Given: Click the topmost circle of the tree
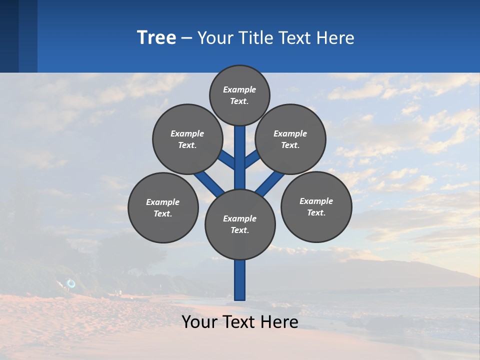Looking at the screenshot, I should (x=239, y=95).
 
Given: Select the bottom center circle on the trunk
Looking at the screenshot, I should (x=240, y=224).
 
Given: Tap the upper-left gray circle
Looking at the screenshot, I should (x=187, y=139).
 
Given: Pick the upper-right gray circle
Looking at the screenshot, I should (x=290, y=139).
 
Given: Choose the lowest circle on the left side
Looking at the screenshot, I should (x=163, y=207).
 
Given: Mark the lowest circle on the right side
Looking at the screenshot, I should (x=316, y=206).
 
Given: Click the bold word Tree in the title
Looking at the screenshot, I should (x=156, y=37).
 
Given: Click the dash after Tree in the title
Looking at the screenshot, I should (x=187, y=38).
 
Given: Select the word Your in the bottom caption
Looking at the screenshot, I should (x=199, y=322).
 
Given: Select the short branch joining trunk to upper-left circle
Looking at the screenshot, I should (x=227, y=159).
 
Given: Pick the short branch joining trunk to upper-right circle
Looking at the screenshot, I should (x=252, y=159).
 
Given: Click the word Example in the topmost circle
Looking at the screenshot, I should (x=239, y=90).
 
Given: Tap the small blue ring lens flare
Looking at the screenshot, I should (x=71, y=284).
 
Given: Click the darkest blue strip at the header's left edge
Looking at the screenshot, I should (x=9, y=36).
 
